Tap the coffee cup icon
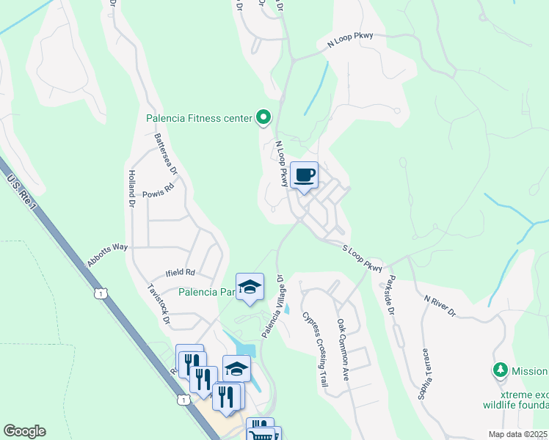(x=305, y=175)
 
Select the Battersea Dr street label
(x=166, y=153)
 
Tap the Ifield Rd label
(x=180, y=272)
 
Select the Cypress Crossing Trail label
(x=314, y=339)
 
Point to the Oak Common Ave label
(x=343, y=349)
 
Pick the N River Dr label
(x=440, y=306)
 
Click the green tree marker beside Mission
(x=501, y=370)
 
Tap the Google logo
(x=24, y=431)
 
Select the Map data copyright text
(x=518, y=434)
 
